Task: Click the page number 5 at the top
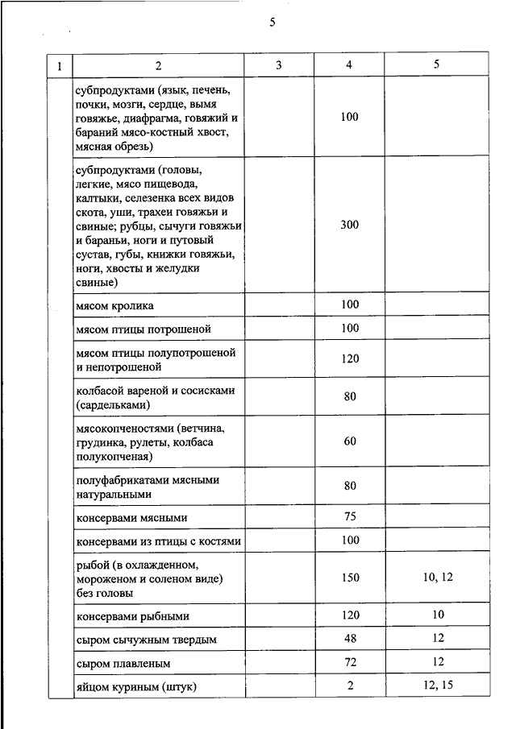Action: pyautogui.click(x=273, y=23)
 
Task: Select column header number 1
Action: pyautogui.click(x=59, y=65)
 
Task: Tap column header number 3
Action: pyautogui.click(x=278, y=65)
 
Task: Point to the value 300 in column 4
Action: pyautogui.click(x=349, y=225)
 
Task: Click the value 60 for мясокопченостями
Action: pyautogui.click(x=349, y=441)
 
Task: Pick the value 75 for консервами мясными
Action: pyautogui.click(x=349, y=516)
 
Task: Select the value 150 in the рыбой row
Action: pyautogui.click(x=349, y=578)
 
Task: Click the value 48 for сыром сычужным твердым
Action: pyautogui.click(x=349, y=639)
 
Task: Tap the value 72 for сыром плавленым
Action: pyautogui.click(x=349, y=662)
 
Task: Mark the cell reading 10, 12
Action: pyautogui.click(x=436, y=578)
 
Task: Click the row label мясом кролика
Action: pyautogui.click(x=114, y=307)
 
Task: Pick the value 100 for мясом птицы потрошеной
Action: pyautogui.click(x=349, y=328)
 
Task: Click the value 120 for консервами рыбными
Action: pyautogui.click(x=349, y=615)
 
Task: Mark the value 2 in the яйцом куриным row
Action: pyautogui.click(x=349, y=686)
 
